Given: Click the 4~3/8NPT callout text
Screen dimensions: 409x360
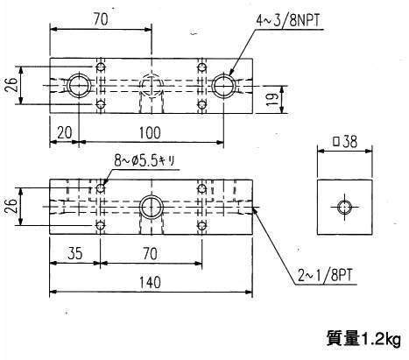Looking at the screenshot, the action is click(x=287, y=21).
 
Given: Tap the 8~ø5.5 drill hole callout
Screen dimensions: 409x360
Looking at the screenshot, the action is click(x=145, y=160).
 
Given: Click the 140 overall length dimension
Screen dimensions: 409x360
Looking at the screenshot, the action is click(x=150, y=282).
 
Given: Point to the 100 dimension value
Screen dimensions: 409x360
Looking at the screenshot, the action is click(x=150, y=133).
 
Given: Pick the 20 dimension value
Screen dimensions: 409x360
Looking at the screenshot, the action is click(x=64, y=133).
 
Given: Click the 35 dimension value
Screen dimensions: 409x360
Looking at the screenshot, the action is click(x=75, y=253).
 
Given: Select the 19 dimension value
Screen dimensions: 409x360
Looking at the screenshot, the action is click(x=271, y=100).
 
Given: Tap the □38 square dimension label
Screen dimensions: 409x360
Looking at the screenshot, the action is click(x=345, y=142).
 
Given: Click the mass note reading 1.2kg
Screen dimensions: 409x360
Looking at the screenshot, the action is click(x=363, y=339).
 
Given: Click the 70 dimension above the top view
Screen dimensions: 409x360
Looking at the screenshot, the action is click(x=101, y=19).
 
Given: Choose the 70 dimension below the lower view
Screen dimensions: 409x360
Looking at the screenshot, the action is click(x=151, y=253).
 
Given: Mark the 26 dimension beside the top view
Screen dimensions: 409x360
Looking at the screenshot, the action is click(x=11, y=85).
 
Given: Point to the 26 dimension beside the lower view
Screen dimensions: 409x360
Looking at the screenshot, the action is click(x=11, y=207).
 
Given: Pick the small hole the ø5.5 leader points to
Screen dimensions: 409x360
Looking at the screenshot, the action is click(x=100, y=188).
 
